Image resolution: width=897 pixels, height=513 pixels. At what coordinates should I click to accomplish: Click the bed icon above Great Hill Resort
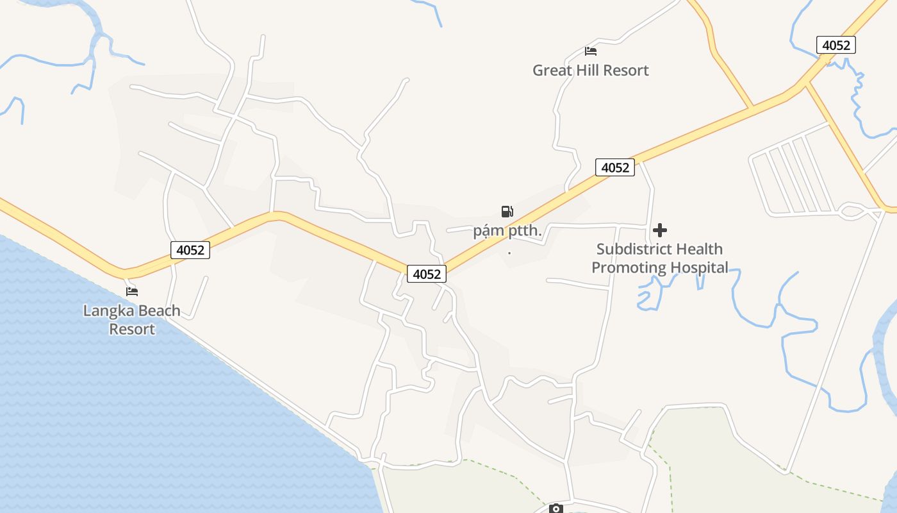click(x=591, y=51)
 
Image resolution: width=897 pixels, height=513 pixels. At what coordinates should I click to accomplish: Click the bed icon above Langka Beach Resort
click(x=132, y=291)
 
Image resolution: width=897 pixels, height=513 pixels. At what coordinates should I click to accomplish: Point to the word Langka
click(x=106, y=312)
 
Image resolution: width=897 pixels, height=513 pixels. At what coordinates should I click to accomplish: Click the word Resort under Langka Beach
click(x=132, y=330)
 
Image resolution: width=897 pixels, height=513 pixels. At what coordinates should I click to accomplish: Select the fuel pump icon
click(x=507, y=211)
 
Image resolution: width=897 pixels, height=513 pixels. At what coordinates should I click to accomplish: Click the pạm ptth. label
click(x=507, y=231)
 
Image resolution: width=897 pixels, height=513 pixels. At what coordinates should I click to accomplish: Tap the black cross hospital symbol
click(x=660, y=230)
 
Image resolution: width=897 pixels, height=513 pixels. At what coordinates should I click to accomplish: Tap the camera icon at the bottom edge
click(x=556, y=509)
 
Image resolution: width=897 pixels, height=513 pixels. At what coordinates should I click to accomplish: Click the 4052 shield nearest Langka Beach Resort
click(x=190, y=250)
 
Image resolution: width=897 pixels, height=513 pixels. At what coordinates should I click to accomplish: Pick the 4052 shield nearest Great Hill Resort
click(x=615, y=167)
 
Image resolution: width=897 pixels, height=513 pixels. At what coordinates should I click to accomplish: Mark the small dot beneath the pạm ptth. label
click(x=509, y=252)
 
